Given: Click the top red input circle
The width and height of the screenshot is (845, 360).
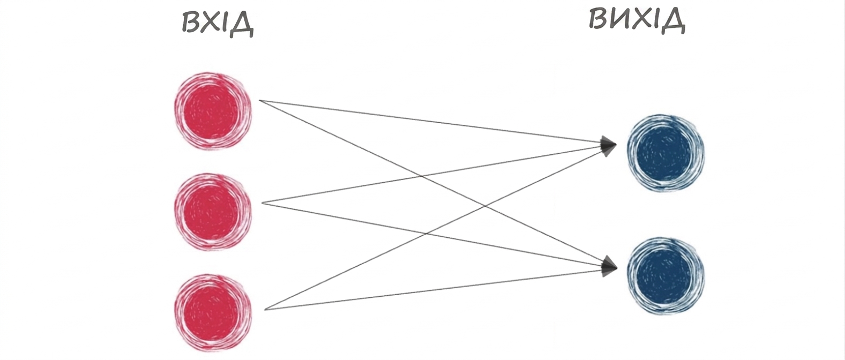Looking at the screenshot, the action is tap(213, 111).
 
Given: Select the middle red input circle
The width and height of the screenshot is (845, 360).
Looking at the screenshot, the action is tap(213, 212).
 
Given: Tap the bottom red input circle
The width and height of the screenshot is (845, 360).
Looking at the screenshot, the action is tap(213, 313).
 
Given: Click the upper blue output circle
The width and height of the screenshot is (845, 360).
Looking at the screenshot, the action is tap(665, 153).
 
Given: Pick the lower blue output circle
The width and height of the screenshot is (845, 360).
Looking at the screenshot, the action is tap(665, 276).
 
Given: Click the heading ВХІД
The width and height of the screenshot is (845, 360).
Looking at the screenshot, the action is tap(218, 24).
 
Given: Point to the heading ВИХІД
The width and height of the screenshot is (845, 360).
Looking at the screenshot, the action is tap(637, 20).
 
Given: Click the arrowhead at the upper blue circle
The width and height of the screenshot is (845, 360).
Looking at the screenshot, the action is tap(608, 146).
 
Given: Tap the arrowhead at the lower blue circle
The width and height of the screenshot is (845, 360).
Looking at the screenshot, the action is tap(609, 266).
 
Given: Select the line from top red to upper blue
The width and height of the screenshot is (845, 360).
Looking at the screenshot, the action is tap(430, 122).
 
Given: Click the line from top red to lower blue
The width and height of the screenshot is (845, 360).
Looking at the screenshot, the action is tap(431, 183).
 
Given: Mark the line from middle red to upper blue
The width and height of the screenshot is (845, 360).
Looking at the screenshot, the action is tap(432, 175).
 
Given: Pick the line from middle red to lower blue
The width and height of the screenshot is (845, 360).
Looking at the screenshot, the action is tap(432, 235).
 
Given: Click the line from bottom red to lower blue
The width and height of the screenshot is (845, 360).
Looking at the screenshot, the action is tap(434, 289).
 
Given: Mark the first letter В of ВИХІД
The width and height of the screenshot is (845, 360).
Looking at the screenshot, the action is tap(598, 18).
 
